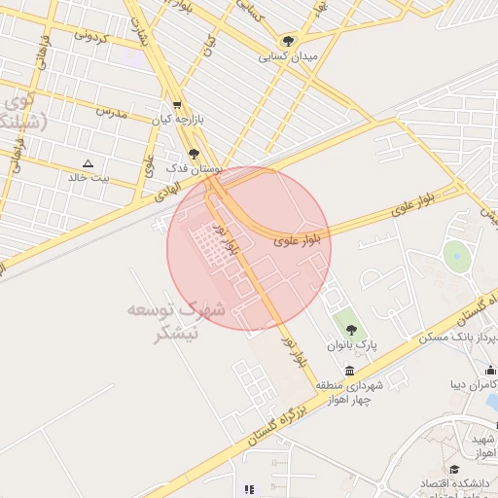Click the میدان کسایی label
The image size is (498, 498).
tap(287, 57)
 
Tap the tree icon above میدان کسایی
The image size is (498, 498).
tap(287, 41)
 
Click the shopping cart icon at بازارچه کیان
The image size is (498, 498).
tap(176, 105)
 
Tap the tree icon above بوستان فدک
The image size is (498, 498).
tap(194, 154)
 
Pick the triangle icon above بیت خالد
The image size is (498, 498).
tap(89, 163)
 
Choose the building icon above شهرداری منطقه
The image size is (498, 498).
tap(349, 371)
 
